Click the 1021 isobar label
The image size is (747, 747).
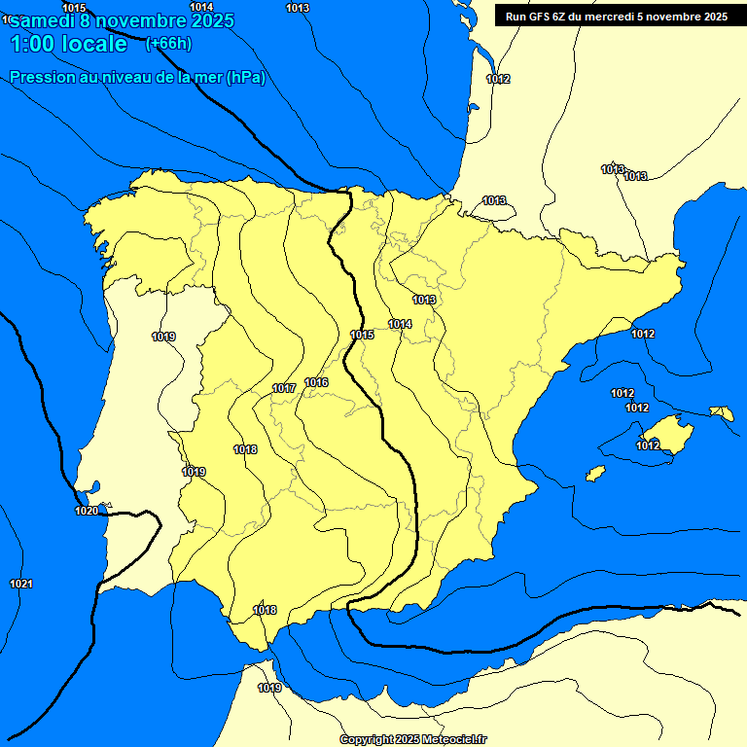[x=20, y=584]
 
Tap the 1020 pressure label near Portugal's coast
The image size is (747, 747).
[x=87, y=511]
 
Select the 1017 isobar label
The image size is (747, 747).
[x=284, y=388]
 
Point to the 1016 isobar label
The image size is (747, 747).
[x=316, y=382]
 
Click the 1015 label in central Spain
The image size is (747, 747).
[x=362, y=335]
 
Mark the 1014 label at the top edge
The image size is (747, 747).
[x=201, y=7]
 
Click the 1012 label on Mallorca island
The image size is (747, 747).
[x=648, y=445]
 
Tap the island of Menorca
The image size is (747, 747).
[x=722, y=413]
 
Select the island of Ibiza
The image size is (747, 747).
[x=595, y=473]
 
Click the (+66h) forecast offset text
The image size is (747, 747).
[x=168, y=44]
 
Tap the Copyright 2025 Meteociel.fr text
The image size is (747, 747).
[x=412, y=739]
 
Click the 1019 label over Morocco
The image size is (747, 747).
[x=269, y=688]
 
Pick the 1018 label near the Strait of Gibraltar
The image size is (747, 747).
[x=265, y=610]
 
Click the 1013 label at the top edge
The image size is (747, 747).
[x=298, y=8]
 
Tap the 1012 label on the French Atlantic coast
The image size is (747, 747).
[x=498, y=79]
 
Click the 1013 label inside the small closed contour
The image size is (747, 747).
[x=494, y=200]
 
